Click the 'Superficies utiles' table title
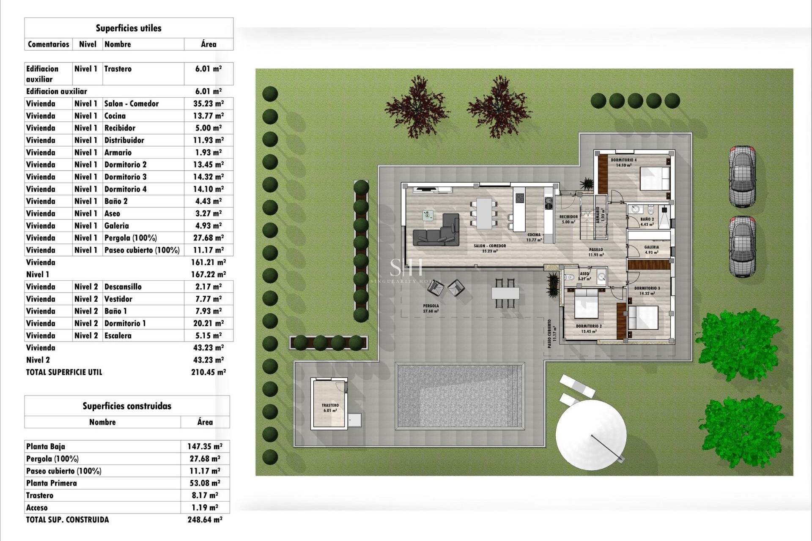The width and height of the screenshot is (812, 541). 129,28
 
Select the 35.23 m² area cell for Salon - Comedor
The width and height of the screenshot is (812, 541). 208,104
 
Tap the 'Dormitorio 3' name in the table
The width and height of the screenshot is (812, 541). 125,177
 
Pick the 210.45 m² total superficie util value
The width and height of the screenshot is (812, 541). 208,372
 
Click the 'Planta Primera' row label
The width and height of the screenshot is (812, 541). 52,483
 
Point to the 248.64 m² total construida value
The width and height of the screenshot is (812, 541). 205,520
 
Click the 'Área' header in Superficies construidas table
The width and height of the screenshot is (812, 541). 205,422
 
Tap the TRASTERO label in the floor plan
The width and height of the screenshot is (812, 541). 330,405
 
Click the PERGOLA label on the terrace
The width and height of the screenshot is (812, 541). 431,306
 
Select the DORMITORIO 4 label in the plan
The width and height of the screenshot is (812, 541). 623,160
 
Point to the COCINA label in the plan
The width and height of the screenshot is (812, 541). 534,235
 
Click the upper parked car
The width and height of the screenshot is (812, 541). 742,177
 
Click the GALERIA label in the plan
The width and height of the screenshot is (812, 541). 651,247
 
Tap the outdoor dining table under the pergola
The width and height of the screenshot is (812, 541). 505,292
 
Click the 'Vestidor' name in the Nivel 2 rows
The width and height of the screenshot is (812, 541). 118,299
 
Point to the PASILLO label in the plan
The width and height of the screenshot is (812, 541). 596,250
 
